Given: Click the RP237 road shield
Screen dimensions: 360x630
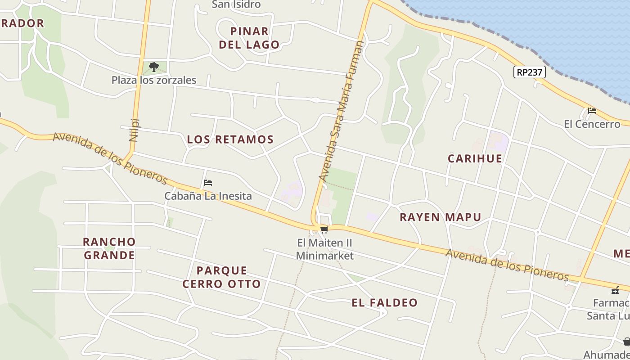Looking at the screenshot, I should pyautogui.click(x=530, y=72).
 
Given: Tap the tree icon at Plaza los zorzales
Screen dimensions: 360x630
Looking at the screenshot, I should pyautogui.click(x=154, y=67).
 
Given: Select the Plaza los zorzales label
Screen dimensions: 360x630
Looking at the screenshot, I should pyautogui.click(x=154, y=80).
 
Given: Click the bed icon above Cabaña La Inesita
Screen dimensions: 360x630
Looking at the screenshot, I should pyautogui.click(x=208, y=183).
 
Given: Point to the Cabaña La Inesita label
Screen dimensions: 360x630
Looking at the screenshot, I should pyautogui.click(x=208, y=196).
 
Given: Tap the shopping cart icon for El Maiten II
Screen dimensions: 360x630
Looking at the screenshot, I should pyautogui.click(x=324, y=230).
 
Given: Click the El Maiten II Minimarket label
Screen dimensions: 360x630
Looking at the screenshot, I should pyautogui.click(x=324, y=249).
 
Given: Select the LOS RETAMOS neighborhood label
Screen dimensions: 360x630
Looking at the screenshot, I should pyautogui.click(x=230, y=139).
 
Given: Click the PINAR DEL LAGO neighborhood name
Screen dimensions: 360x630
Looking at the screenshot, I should pyautogui.click(x=249, y=38).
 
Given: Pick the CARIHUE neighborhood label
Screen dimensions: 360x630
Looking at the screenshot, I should pyautogui.click(x=475, y=158).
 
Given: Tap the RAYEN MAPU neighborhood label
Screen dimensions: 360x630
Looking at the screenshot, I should pyautogui.click(x=441, y=217).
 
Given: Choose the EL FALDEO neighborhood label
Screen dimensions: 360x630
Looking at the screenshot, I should pyautogui.click(x=385, y=303).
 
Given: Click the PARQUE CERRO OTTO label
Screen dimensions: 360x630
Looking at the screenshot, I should pyautogui.click(x=222, y=277).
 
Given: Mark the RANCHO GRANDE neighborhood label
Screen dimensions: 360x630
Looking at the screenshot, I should pyautogui.click(x=109, y=248).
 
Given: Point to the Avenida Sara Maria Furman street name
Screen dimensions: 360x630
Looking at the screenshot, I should pyautogui.click(x=341, y=111).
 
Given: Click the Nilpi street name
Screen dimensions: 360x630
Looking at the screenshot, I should pyautogui.click(x=134, y=130).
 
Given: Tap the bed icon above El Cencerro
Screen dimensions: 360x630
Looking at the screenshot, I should pyautogui.click(x=592, y=111).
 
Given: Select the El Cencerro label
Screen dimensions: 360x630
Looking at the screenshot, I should pyautogui.click(x=592, y=124).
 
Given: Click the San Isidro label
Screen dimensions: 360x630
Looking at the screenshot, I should pyautogui.click(x=236, y=4).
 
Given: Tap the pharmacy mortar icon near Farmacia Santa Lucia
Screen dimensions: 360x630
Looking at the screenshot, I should pyautogui.click(x=615, y=290).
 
